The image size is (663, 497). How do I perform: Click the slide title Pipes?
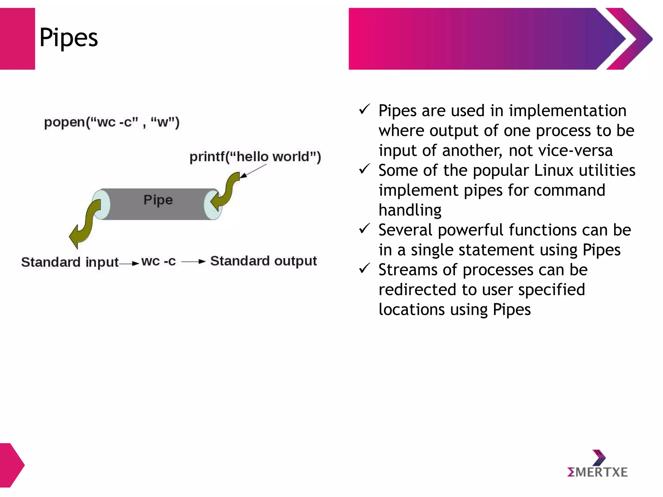68,38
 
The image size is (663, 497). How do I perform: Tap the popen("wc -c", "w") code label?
112,122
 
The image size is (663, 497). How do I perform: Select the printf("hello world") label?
255,157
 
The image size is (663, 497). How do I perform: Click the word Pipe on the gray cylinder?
158,200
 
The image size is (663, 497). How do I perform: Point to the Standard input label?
70,262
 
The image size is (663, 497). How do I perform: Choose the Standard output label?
263,261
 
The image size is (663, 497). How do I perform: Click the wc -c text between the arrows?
158,261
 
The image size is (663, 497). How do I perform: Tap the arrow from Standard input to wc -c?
129,264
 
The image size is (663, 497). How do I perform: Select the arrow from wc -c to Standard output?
193,261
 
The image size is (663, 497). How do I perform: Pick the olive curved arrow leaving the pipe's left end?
85,223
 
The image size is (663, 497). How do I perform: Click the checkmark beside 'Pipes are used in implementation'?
364,109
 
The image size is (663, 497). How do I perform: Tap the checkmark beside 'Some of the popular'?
364,169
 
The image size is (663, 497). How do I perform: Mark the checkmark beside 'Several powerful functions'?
364,228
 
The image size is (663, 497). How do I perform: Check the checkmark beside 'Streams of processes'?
364,268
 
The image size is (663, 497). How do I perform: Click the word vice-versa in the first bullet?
560,150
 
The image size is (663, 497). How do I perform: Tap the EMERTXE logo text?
598,472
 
